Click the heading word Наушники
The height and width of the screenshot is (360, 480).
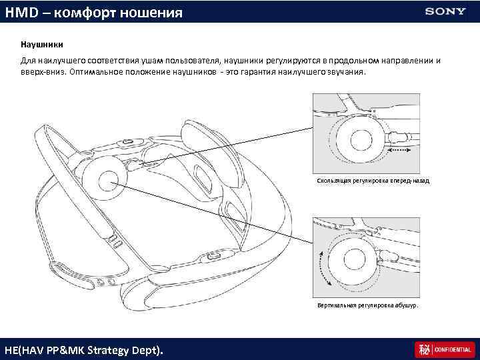(42, 45)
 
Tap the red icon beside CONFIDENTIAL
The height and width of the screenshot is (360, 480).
(422, 349)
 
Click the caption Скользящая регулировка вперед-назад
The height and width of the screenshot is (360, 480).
(363, 181)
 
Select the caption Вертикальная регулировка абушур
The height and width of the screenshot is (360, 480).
(367, 305)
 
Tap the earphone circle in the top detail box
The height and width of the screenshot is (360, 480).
(361, 140)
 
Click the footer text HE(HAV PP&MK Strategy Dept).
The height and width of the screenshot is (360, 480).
(83, 349)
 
